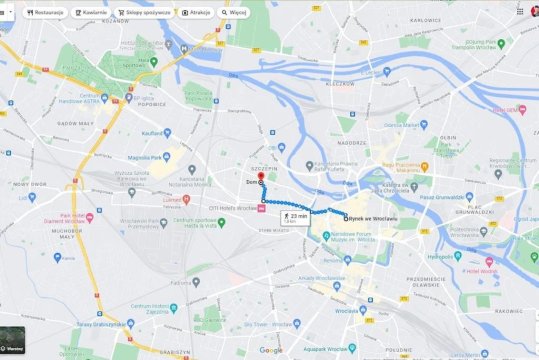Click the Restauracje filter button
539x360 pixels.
click(x=45, y=12)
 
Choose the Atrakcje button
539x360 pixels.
click(x=199, y=12)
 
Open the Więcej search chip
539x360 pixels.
click(x=236, y=12)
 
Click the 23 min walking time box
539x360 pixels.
click(x=295, y=216)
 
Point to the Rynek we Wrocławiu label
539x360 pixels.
click(x=370, y=218)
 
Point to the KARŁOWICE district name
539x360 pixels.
click(x=424, y=20)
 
